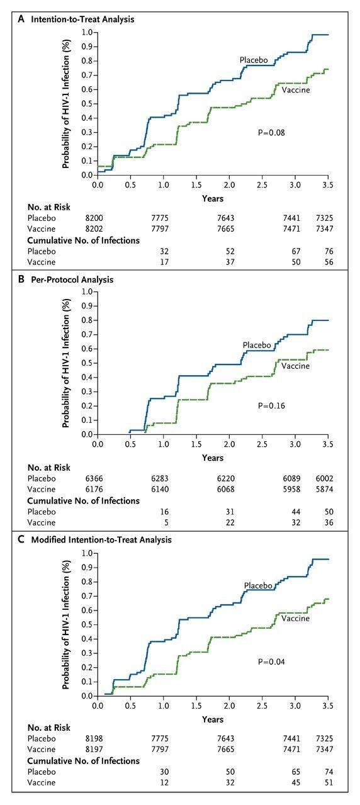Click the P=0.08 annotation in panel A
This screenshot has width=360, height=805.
[x=271, y=133]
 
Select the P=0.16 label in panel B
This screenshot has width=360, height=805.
[x=271, y=406]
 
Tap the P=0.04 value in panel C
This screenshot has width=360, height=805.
[x=271, y=661]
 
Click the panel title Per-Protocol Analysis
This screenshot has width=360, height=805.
[x=72, y=279]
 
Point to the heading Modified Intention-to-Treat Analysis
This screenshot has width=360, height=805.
[x=101, y=540]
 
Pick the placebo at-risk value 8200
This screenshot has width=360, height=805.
[x=94, y=218]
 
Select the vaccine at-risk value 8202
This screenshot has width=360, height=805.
[x=94, y=228]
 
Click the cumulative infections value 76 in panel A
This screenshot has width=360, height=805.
[x=329, y=251]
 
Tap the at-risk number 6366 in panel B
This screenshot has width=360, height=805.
[x=94, y=478]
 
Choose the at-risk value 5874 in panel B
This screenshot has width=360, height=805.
[x=324, y=489]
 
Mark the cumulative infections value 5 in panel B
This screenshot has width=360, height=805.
[x=166, y=522]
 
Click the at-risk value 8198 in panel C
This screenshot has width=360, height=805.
[x=94, y=738]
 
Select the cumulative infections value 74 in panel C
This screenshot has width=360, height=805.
[x=329, y=772]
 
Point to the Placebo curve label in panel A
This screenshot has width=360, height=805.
[x=254, y=60]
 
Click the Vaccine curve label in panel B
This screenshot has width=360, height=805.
[x=295, y=366]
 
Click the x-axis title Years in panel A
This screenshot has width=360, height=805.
[x=213, y=198]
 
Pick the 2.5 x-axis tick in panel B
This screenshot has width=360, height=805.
[x=262, y=444]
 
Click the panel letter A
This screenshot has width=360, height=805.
[x=21, y=19]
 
